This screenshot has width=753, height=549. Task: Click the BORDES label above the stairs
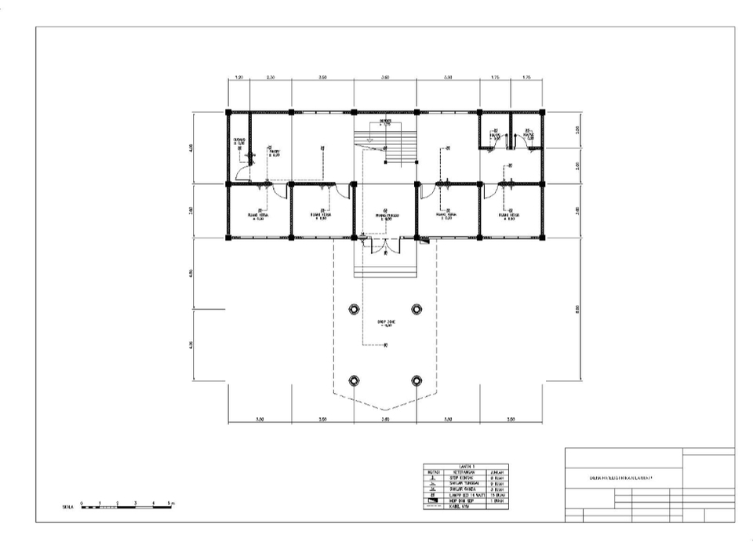[x=385, y=122]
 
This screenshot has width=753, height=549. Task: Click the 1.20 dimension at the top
[x=239, y=78]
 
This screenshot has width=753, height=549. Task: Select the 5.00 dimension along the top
[x=448, y=78]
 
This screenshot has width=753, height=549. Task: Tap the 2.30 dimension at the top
[x=271, y=78]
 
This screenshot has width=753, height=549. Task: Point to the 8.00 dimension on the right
[x=577, y=307]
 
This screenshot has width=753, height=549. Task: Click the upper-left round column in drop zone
[x=354, y=307]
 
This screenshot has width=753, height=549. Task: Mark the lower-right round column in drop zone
[x=417, y=380]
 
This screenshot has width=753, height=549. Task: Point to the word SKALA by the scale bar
[x=69, y=508]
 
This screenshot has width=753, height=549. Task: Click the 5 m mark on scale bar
[x=172, y=501]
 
